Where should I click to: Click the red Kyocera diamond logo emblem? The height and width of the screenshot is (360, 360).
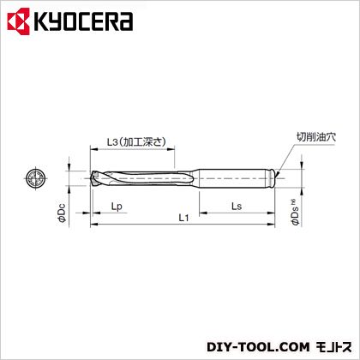tap(19, 21)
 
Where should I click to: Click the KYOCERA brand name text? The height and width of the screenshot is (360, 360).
tap(84, 21)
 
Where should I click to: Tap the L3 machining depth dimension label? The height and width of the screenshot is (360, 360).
tap(136, 141)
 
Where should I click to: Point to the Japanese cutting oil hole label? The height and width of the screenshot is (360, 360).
tap(316, 137)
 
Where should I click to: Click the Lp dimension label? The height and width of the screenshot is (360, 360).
tap(117, 207)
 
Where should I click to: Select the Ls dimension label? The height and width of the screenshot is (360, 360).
tap(237, 206)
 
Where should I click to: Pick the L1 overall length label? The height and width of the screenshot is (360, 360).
tap(183, 218)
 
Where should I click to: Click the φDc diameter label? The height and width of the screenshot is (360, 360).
tap(62, 213)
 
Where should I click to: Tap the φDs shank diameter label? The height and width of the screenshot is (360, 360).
tap(296, 212)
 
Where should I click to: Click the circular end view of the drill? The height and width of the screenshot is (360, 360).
tap(36, 178)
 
